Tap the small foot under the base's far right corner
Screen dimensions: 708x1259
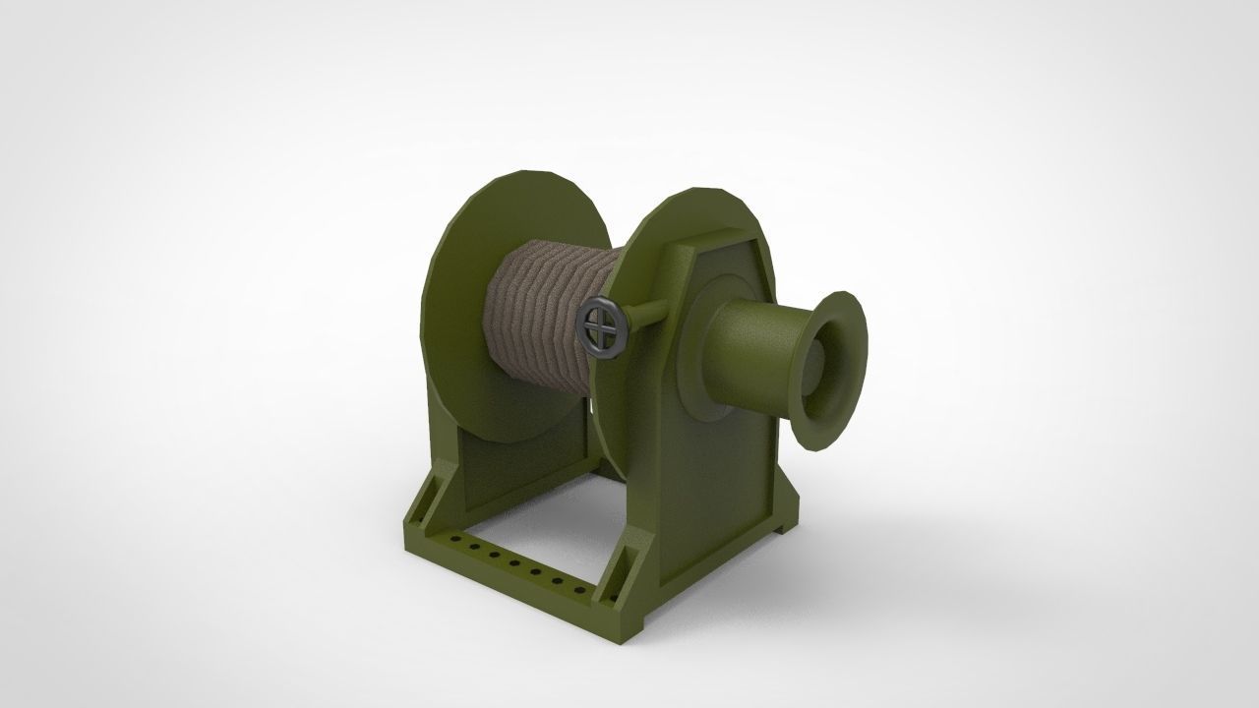pos(784,529)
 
